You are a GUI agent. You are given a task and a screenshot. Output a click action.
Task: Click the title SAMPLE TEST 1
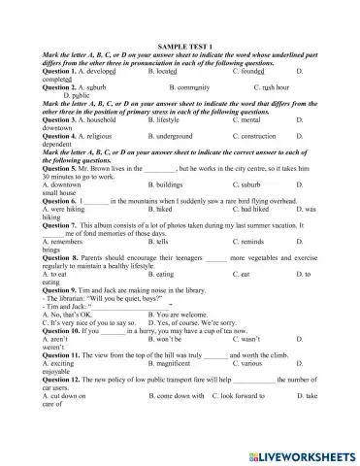click(x=179, y=46)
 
